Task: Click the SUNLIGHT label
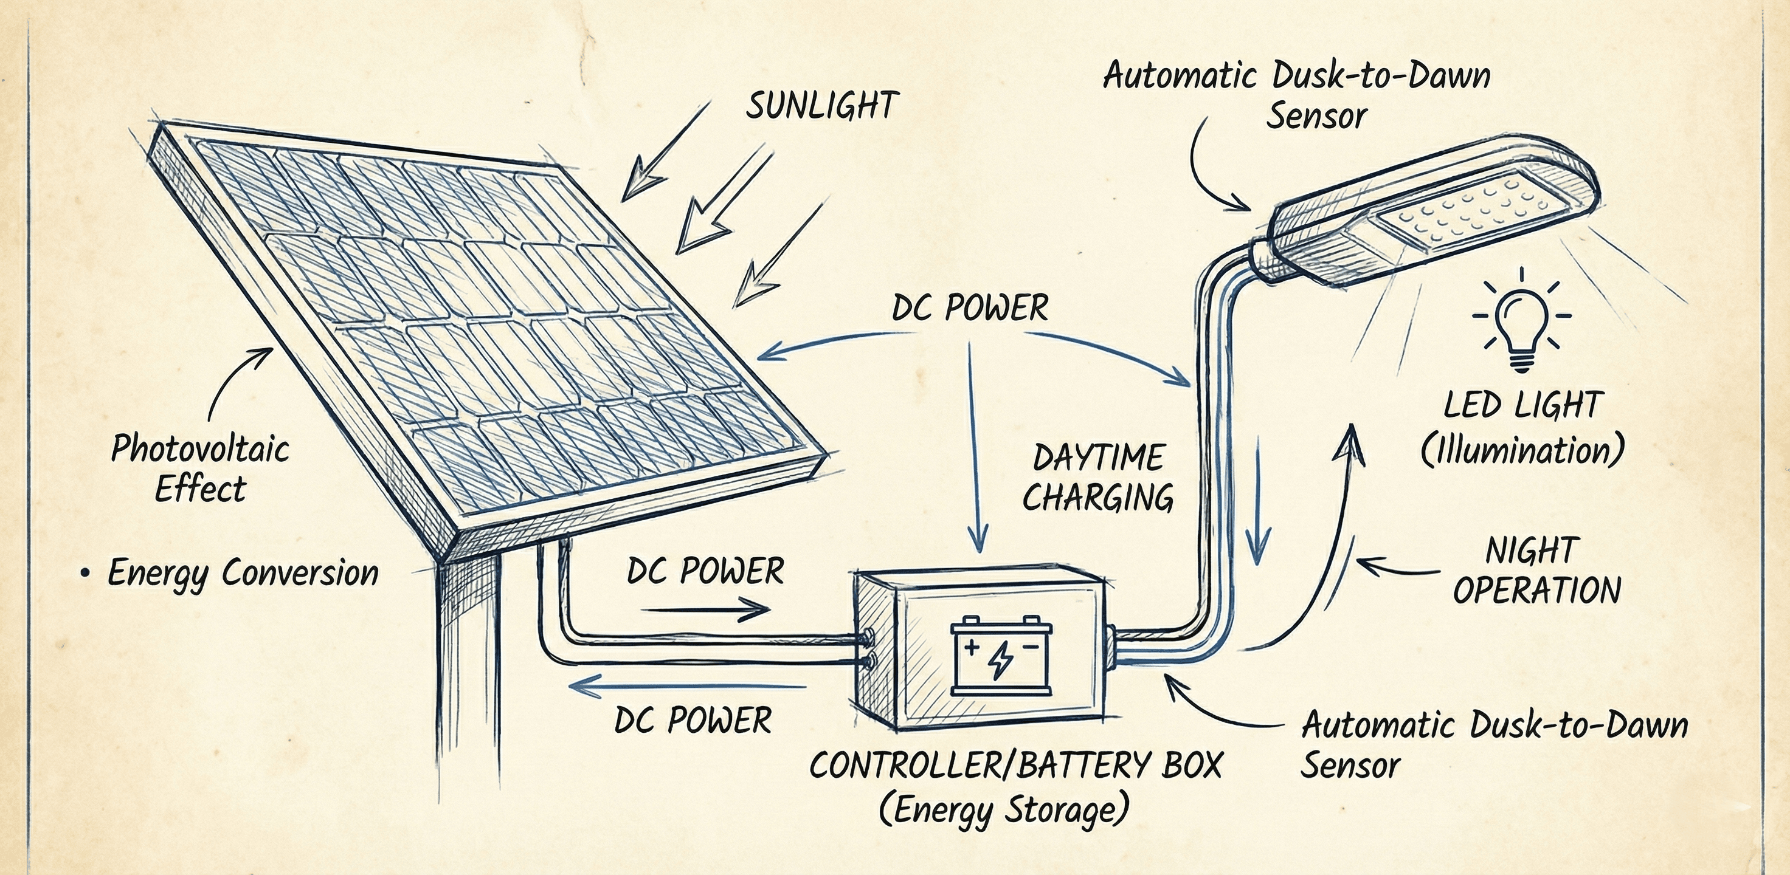822,106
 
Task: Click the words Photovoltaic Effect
200,468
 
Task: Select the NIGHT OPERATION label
1536,571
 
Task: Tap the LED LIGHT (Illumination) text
1522,428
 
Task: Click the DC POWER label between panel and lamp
970,307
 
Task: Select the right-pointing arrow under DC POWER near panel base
705,611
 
